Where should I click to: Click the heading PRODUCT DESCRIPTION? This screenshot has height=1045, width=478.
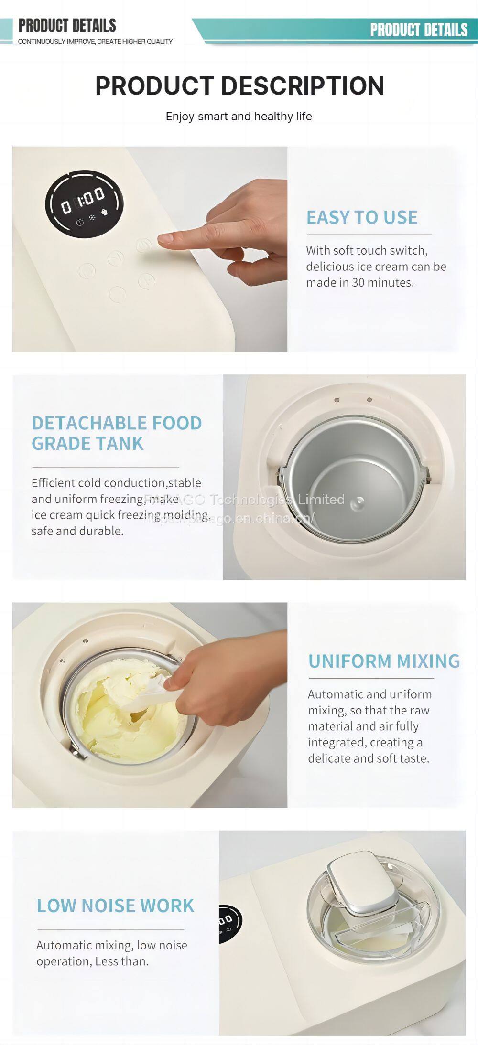click(x=239, y=85)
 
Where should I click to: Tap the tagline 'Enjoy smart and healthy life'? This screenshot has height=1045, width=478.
click(x=239, y=116)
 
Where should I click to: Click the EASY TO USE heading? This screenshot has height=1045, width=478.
click(x=362, y=217)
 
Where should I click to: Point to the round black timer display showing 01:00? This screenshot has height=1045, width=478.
click(x=84, y=204)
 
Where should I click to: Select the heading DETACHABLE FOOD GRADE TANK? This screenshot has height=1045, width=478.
click(x=117, y=433)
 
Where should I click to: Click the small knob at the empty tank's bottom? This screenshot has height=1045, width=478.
click(x=357, y=502)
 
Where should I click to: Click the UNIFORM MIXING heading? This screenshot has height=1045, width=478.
click(x=384, y=661)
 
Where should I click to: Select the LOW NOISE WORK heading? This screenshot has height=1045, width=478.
click(x=116, y=906)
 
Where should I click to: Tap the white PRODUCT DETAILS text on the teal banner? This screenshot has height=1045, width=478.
click(x=419, y=30)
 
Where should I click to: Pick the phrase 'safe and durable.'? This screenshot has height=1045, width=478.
click(x=77, y=531)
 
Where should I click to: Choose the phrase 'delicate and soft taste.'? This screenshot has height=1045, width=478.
click(x=369, y=758)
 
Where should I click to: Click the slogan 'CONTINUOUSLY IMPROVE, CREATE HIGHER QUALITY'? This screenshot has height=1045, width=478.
click(x=95, y=42)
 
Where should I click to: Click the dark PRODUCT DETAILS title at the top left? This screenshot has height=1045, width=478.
click(x=67, y=25)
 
